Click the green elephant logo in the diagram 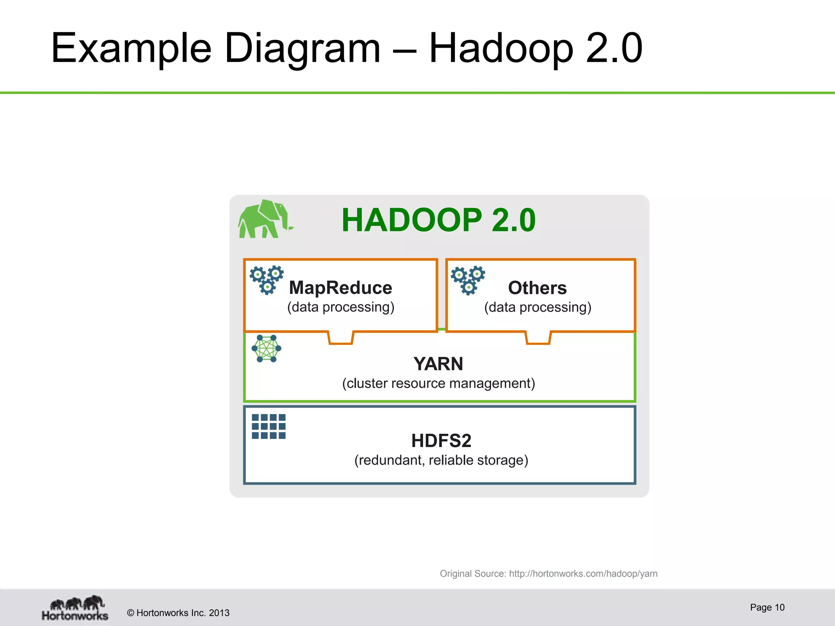pos(264,219)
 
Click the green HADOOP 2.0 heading pos(438,220)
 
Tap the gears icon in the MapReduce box pos(267,280)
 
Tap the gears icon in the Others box pos(468,280)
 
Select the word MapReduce pos(340,288)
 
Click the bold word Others pos(537,288)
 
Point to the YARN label pos(438,364)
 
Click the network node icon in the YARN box pos(266,348)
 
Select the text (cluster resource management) pos(438,384)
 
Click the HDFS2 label pos(441,441)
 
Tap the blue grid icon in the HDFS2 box pos(269,426)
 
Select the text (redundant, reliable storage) pos(441,460)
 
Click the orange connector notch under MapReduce pos(340,338)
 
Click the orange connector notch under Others pos(538,338)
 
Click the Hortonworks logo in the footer pos(75,608)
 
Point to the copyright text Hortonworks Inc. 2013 pos(178,613)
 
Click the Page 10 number pos(767,607)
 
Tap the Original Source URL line pos(548,574)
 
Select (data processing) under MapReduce pos(340,307)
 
